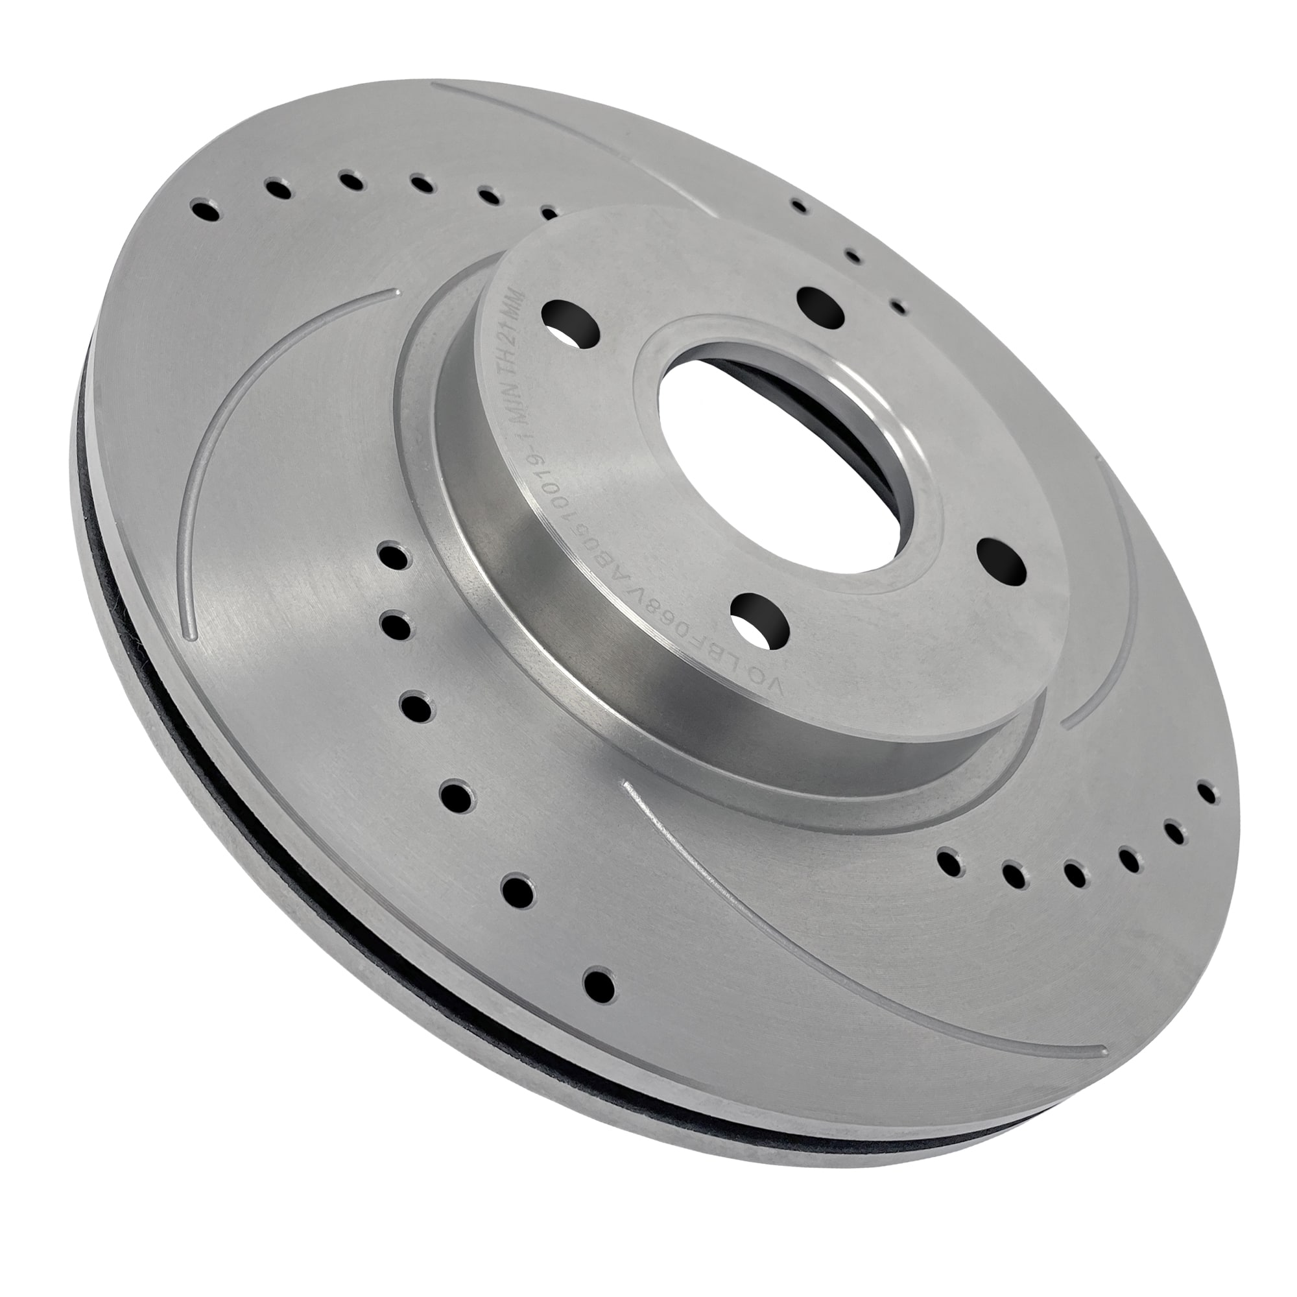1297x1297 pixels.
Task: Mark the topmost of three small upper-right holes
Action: pos(799,206)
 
